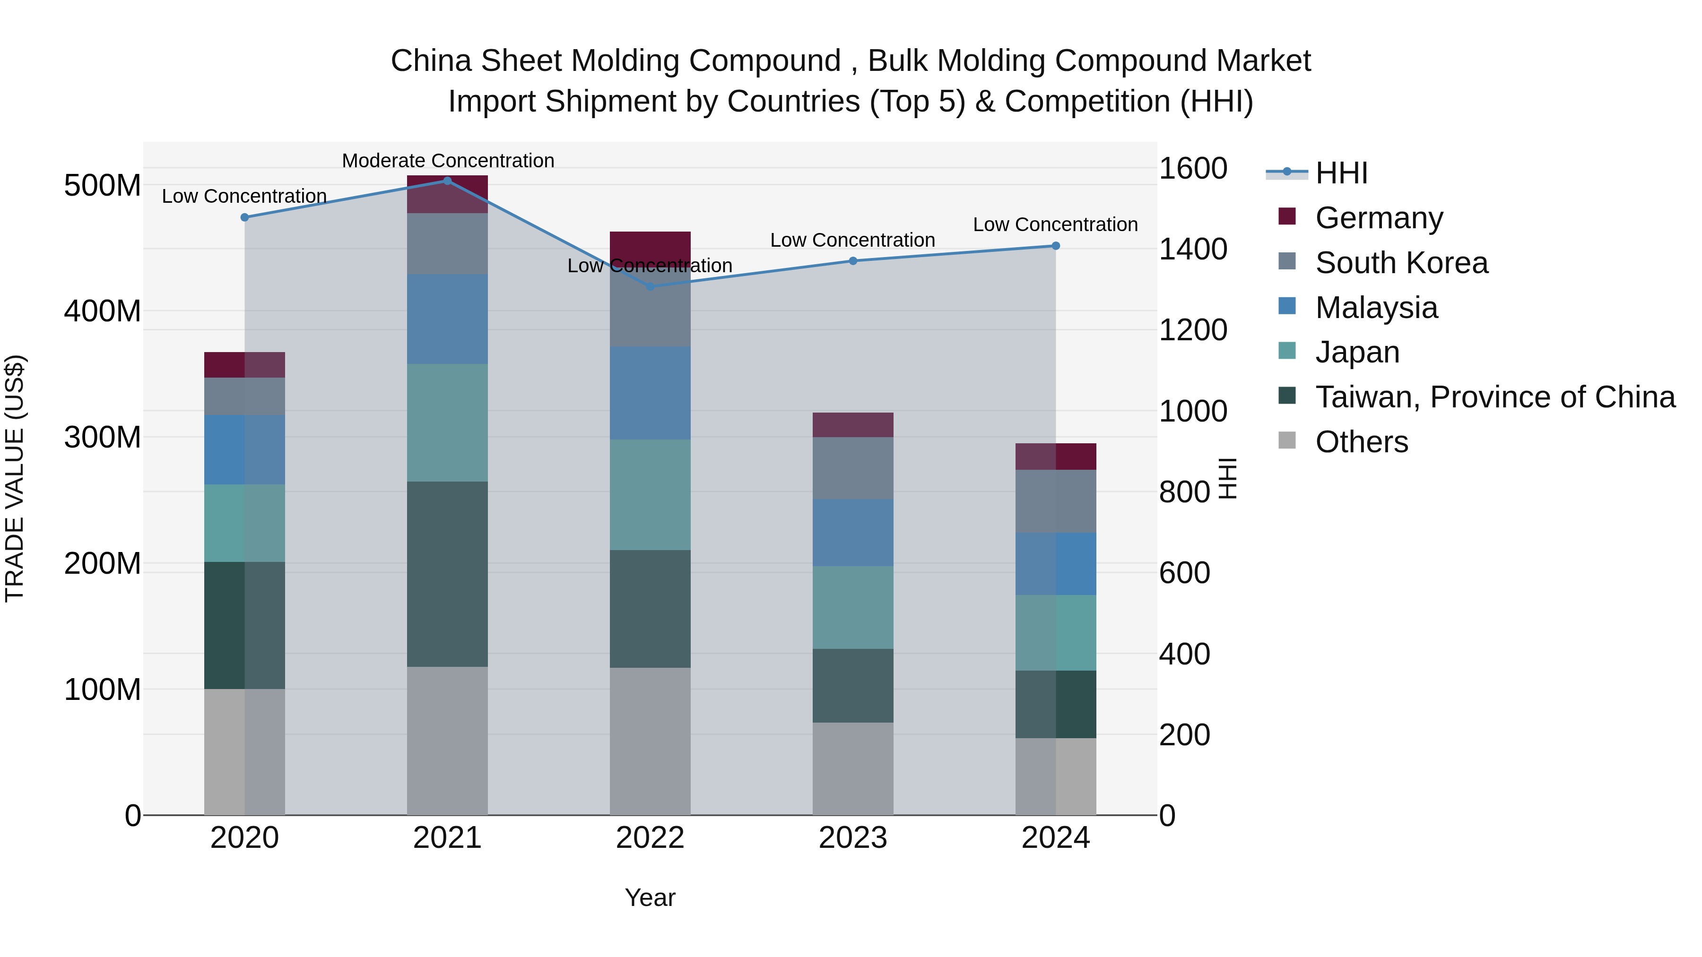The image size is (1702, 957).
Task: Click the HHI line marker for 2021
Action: click(447, 181)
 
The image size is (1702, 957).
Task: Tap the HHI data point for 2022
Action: click(650, 287)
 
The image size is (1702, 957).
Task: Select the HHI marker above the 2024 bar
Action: click(1056, 246)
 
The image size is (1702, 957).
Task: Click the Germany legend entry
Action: click(1379, 218)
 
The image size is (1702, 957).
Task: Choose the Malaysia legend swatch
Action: click(1287, 306)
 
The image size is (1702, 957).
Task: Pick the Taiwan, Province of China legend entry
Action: click(1494, 397)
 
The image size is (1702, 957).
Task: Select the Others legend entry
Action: click(1361, 442)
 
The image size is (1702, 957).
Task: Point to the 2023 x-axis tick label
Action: click(852, 838)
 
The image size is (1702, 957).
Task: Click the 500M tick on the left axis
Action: click(103, 186)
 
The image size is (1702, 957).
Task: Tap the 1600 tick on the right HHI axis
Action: click(1193, 168)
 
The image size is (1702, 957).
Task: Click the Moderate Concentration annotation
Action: click(448, 161)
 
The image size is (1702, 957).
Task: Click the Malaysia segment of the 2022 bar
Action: click(650, 393)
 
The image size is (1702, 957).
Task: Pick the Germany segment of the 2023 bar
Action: click(852, 425)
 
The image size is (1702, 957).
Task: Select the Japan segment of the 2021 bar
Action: click(447, 422)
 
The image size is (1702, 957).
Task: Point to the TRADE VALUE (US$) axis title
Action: click(15, 478)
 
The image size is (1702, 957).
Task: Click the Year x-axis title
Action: click(650, 897)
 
